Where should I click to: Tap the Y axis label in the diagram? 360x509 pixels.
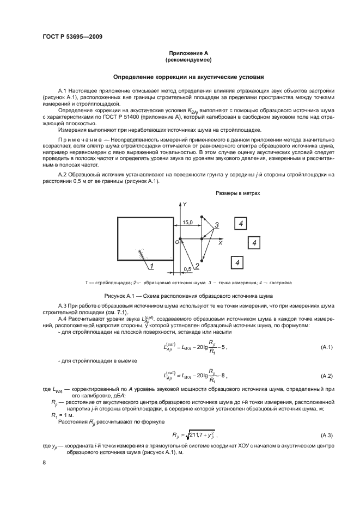tap(185, 204)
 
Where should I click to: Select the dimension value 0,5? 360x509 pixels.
tap(187, 269)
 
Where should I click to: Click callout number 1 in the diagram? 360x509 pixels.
tap(152, 266)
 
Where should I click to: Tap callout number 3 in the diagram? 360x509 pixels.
tap(216, 225)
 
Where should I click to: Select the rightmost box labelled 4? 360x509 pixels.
tap(254, 242)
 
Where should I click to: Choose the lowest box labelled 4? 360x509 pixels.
tap(237, 263)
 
